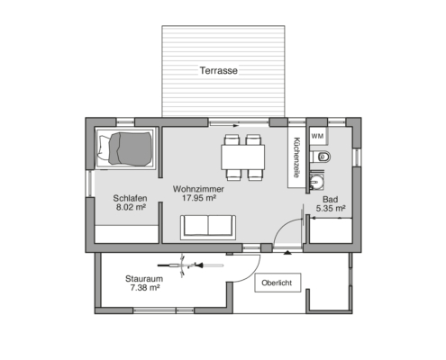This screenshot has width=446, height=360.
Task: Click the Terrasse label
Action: tap(219, 71)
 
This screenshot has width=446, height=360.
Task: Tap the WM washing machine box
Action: tap(317, 136)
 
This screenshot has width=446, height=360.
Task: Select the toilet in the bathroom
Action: tap(320, 157)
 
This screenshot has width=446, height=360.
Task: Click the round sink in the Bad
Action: tap(316, 181)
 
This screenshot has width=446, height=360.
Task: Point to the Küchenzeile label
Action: tap(296, 157)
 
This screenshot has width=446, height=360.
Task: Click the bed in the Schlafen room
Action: tap(125, 148)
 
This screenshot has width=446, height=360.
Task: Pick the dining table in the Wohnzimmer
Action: tap(243, 157)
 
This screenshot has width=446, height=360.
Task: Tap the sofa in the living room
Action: tap(208, 228)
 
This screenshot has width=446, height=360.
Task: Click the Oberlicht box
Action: tap(278, 283)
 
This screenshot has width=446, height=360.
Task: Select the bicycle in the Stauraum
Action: tap(190, 265)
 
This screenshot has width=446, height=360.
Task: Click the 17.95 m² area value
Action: tap(199, 198)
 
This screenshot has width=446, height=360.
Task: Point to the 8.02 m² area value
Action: tap(131, 207)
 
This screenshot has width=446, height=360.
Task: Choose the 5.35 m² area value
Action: tap(330, 209)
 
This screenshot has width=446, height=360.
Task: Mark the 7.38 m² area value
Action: tap(145, 288)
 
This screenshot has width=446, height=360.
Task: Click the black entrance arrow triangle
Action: tap(287, 253)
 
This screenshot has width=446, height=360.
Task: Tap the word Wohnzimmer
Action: tap(198, 189)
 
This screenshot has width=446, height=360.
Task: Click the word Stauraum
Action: tap(144, 279)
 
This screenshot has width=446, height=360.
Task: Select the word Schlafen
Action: tap(130, 198)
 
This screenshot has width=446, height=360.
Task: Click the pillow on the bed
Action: tap(104, 148)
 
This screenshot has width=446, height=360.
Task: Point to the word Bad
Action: tap(330, 200)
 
